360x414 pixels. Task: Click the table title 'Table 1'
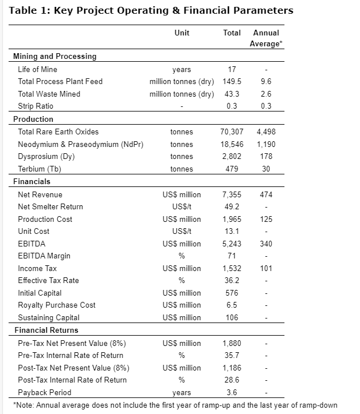click(x=29, y=10)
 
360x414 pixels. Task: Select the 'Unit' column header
click(x=182, y=33)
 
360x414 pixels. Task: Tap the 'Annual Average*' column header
click(x=266, y=38)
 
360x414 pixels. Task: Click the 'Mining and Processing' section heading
click(x=55, y=56)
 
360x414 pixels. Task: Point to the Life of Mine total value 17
click(x=232, y=69)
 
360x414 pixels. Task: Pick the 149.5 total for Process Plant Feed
click(x=232, y=81)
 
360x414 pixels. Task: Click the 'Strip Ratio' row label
click(x=35, y=106)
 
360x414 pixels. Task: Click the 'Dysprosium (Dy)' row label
click(x=46, y=156)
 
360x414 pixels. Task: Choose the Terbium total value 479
click(x=232, y=169)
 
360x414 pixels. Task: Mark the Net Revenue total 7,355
click(x=232, y=195)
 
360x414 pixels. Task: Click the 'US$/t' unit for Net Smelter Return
click(x=182, y=207)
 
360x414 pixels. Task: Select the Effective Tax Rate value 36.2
click(x=232, y=280)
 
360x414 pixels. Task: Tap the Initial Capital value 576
click(x=232, y=293)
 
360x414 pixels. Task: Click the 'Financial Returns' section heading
click(x=46, y=330)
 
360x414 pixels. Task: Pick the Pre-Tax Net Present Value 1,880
click(x=232, y=343)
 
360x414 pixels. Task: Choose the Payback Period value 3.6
click(x=232, y=392)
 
